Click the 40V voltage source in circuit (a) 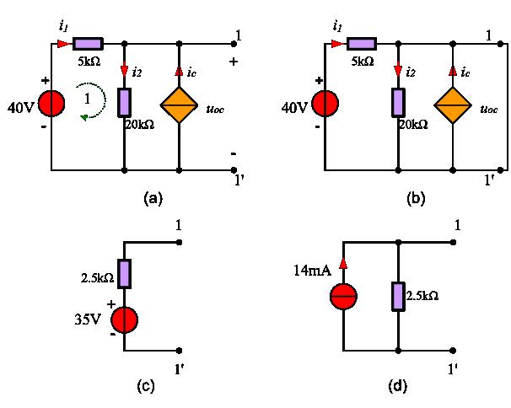click(52, 104)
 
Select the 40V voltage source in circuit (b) click(325, 104)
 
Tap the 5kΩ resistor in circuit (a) click(88, 43)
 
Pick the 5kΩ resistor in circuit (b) click(361, 43)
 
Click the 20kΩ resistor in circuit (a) click(125, 102)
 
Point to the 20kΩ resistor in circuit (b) click(397, 102)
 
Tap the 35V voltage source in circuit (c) click(125, 321)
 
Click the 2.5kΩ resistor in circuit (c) click(125, 274)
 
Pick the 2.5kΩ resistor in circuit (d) click(397, 296)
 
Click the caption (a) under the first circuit click(153, 198)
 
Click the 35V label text click(89, 321)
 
